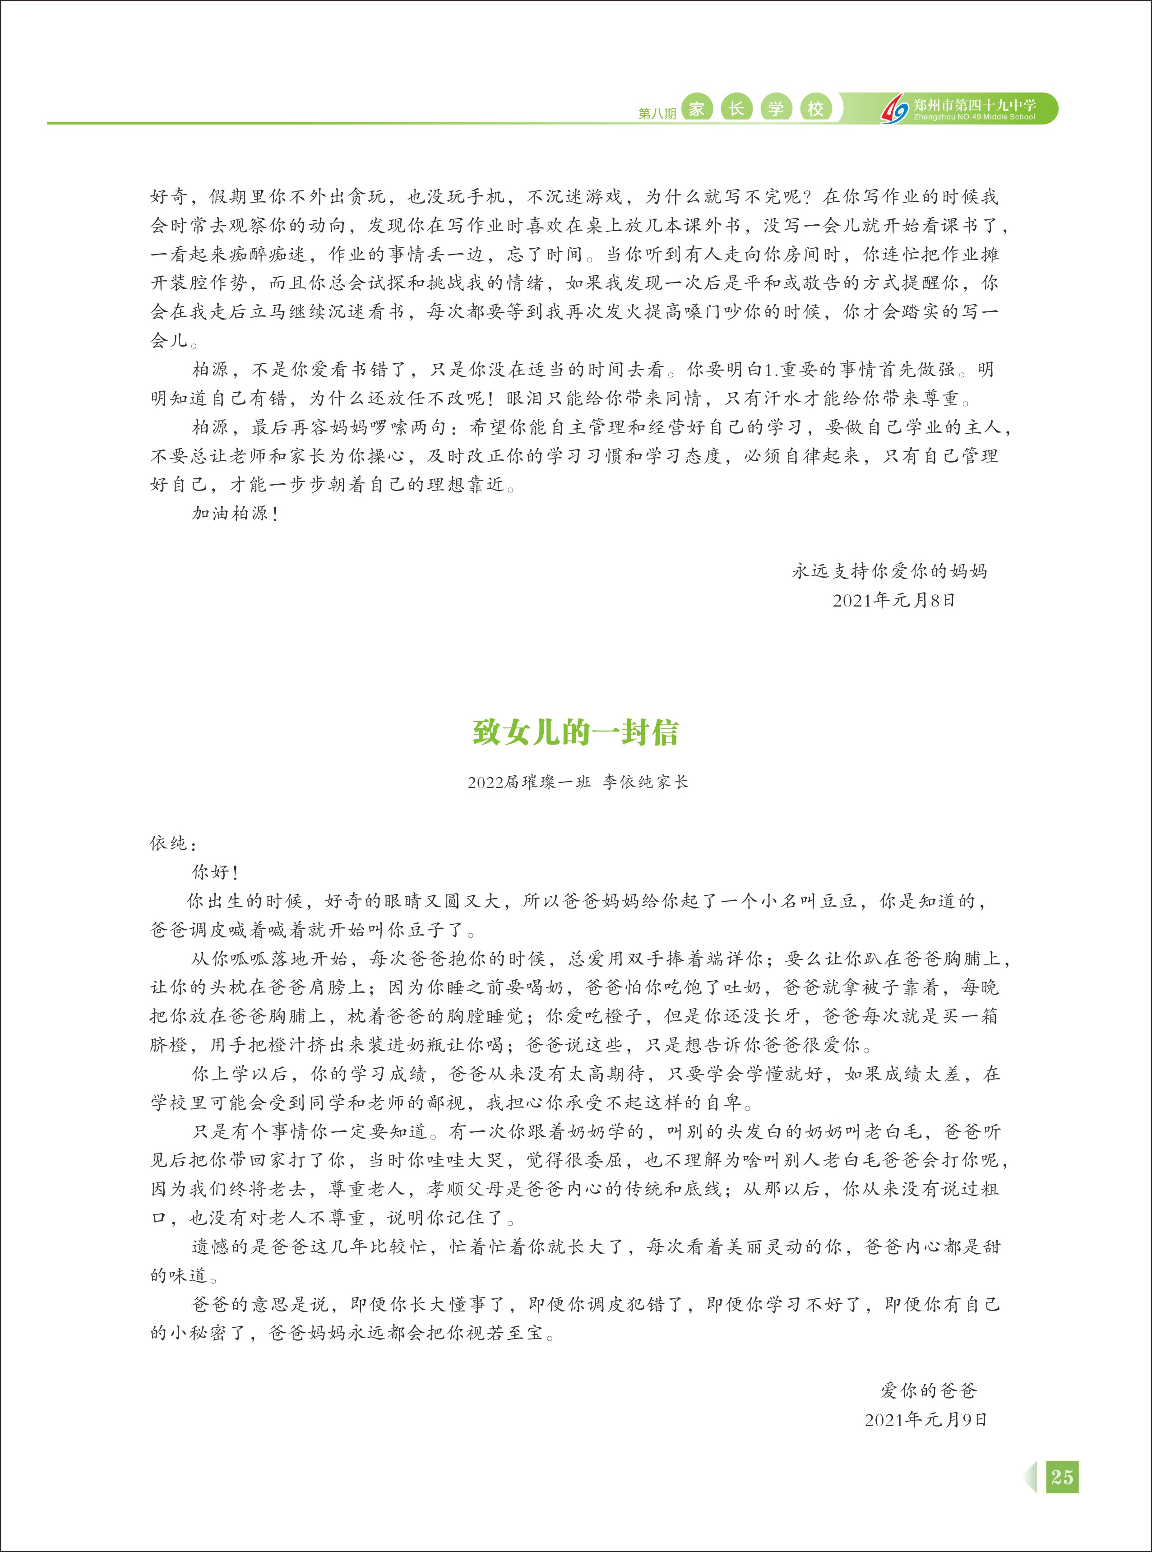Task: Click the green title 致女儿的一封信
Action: point(575,733)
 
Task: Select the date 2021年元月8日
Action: point(893,600)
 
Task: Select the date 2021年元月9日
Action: point(926,1419)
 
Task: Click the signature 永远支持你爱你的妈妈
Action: point(890,571)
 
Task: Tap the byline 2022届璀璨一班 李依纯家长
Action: point(578,782)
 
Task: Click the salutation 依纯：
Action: point(174,843)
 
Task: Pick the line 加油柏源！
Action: point(236,514)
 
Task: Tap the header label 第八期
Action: point(657,113)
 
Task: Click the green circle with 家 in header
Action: point(696,109)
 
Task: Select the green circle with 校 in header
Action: point(815,109)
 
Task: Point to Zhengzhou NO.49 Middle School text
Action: point(974,117)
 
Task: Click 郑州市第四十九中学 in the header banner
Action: point(974,105)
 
